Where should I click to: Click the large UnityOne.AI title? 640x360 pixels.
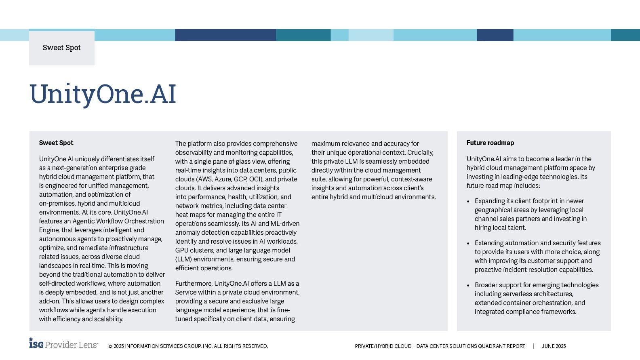[103, 94]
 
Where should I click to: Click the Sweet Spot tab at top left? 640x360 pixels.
[62, 48]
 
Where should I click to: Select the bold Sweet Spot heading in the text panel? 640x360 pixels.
[56, 143]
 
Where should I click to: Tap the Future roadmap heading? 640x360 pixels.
[490, 143]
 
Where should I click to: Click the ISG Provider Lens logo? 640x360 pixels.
[63, 344]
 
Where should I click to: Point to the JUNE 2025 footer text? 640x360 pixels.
[554, 346]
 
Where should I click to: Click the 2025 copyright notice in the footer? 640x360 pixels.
[188, 346]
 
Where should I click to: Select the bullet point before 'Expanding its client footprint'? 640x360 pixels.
[468, 201]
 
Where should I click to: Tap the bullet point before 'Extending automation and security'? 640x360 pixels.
[468, 243]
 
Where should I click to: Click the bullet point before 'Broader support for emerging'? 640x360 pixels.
[468, 285]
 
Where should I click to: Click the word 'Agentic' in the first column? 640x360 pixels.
[86, 221]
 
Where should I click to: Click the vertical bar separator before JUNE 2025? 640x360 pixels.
[534, 346]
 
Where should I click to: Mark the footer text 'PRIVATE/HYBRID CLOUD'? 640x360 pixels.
[383, 346]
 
